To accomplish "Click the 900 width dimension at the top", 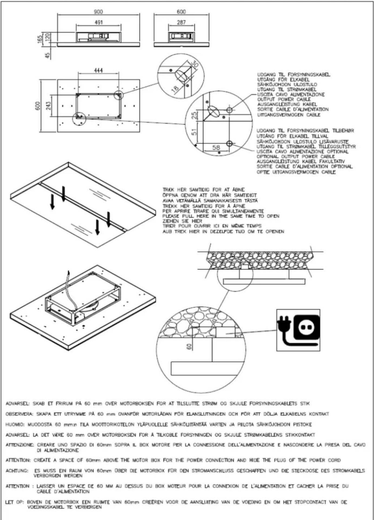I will coord(98,12).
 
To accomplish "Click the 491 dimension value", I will coord(98,22).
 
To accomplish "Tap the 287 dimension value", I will coord(181,22).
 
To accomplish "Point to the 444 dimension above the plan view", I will coord(98,70).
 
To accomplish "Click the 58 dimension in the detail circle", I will coord(216,147).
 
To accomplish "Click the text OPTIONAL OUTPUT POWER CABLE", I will coord(296,156).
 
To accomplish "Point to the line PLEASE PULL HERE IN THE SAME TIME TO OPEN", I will coord(221,216).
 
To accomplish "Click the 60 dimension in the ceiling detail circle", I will coord(189,346).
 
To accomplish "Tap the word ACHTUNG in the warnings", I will coord(17,471).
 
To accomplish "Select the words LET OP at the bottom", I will coord(15,502).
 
